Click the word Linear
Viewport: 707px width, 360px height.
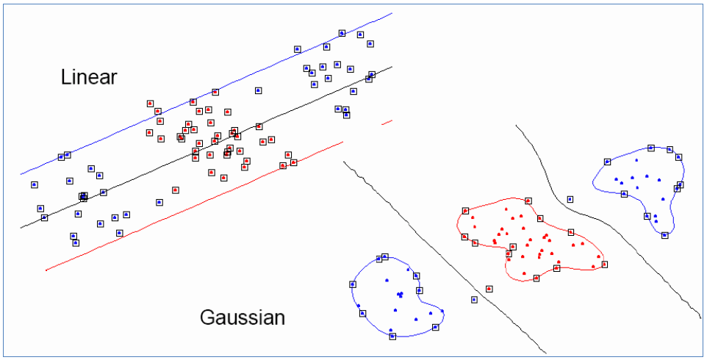pyautogui.click(x=89, y=77)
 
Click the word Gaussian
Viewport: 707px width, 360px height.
pyautogui.click(x=242, y=317)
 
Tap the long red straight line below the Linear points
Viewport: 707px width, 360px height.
pyautogui.click(x=184, y=208)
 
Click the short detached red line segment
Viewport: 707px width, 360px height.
pyautogui.click(x=387, y=122)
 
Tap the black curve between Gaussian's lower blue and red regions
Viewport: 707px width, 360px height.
pyautogui.click(x=441, y=250)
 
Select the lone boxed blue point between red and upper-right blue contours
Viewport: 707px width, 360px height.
pyautogui.click(x=570, y=198)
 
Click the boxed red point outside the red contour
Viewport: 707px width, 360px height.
pyautogui.click(x=489, y=289)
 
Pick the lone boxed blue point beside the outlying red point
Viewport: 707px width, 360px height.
pyautogui.click(x=474, y=299)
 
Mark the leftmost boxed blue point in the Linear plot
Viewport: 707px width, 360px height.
pyautogui.click(x=34, y=184)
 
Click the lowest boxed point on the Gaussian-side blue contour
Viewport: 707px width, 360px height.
pyautogui.click(x=392, y=336)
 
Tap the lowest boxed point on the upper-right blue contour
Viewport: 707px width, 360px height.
pyautogui.click(x=664, y=235)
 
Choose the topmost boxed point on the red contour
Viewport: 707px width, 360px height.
pyautogui.click(x=528, y=200)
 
